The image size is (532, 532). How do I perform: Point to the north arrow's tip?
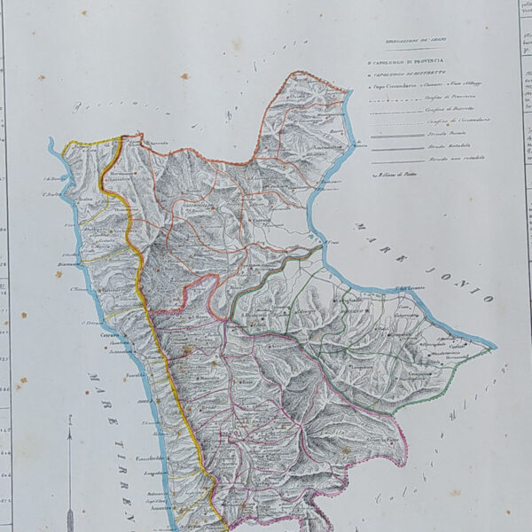click(x=70, y=424)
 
